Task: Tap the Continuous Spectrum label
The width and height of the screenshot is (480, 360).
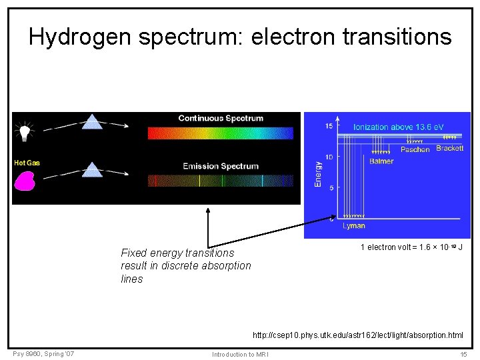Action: click(x=221, y=119)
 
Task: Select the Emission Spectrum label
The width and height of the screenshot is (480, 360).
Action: click(x=221, y=166)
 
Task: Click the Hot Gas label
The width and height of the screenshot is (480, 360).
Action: click(x=27, y=163)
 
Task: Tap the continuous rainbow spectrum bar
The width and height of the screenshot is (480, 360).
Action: click(x=220, y=133)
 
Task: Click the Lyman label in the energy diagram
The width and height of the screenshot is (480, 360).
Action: click(x=354, y=226)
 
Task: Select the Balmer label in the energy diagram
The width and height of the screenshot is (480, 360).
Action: click(x=381, y=161)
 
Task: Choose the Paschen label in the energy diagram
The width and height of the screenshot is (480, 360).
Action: click(x=415, y=150)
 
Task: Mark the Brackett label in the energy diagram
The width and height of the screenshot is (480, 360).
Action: click(x=449, y=148)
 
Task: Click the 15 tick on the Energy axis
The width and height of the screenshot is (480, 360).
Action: click(x=329, y=126)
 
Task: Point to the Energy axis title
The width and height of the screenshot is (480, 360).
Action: click(x=318, y=171)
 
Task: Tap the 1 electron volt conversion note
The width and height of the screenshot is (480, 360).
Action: click(x=411, y=247)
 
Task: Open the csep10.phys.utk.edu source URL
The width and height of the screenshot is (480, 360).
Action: click(x=357, y=335)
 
